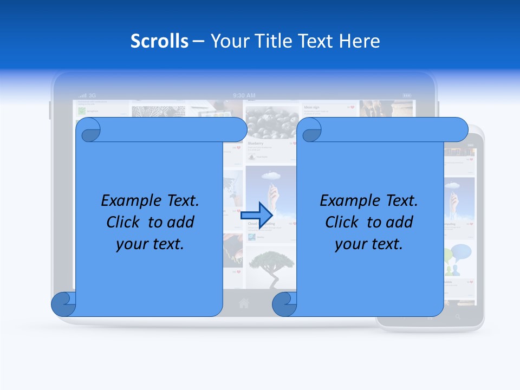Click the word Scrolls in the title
point(160,41)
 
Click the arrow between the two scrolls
point(257,214)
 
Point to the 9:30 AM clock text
point(243,95)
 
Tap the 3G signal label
point(92,95)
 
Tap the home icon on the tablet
point(244,303)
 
